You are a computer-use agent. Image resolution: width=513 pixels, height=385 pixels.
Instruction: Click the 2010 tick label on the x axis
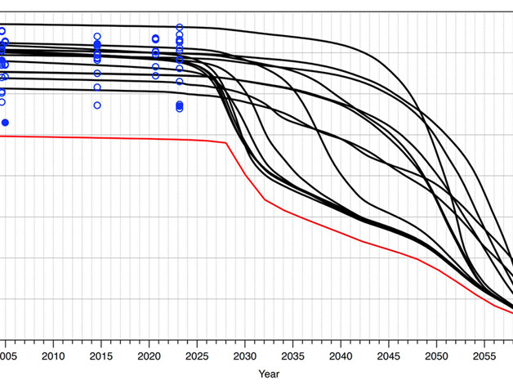coord(53,356)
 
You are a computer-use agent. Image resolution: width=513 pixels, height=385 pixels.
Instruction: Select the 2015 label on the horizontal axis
coord(101,356)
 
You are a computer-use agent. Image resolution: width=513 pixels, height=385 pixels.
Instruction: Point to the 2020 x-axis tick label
coord(149,356)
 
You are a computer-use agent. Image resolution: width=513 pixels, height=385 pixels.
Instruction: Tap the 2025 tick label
coord(197,356)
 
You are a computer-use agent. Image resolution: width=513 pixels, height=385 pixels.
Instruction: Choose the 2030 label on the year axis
coord(244,356)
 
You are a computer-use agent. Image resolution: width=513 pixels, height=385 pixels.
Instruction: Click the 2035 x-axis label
coord(292,356)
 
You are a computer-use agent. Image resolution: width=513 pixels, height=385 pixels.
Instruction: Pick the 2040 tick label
coord(340,356)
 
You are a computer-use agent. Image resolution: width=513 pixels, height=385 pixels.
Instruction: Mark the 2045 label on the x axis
coord(388,356)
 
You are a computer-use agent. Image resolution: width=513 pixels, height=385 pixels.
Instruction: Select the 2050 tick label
coord(435,356)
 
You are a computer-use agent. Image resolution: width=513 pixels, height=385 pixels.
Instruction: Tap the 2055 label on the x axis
coord(484,356)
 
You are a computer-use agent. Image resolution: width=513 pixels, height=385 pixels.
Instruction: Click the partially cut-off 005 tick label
coord(7,356)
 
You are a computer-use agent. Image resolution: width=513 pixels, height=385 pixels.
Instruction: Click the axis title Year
coord(268,374)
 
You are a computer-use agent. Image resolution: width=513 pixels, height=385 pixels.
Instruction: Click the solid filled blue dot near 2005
coord(6,123)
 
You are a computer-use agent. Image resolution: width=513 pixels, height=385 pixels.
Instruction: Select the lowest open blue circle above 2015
coord(97,105)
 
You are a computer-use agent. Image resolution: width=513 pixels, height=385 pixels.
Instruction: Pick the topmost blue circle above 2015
coord(97,37)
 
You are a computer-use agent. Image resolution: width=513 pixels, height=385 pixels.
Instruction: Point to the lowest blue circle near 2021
coord(155,76)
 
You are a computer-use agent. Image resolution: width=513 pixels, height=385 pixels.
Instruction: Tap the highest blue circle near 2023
coord(180,28)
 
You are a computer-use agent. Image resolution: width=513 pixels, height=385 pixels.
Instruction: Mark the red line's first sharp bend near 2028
coord(226,143)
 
